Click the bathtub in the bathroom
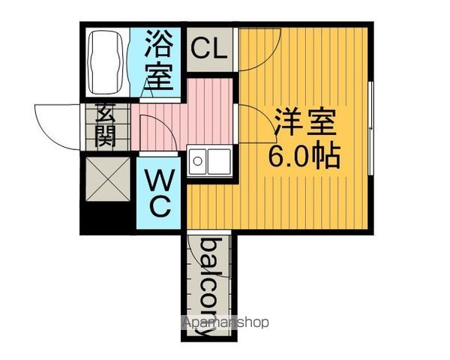(106, 62)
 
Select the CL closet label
(208, 49)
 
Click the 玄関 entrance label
(105, 125)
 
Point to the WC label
(159, 193)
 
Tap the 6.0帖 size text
(304, 157)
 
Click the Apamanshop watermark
(226, 322)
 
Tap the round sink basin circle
(197, 161)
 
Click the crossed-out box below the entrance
(107, 178)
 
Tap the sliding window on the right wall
(370, 128)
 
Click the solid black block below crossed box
(107, 217)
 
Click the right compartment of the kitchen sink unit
(219, 161)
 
